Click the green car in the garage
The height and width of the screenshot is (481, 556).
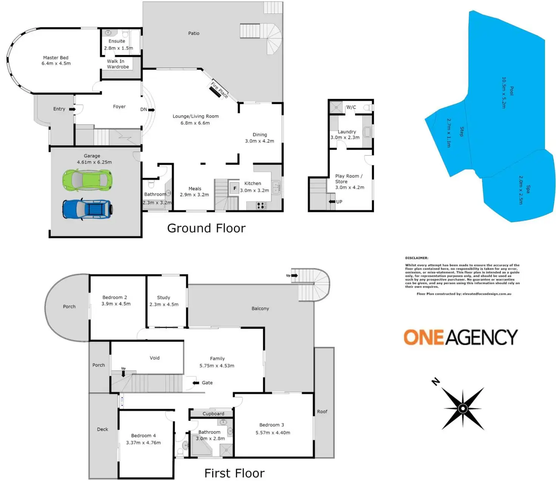(87, 180)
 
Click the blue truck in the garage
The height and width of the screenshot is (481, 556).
(87, 209)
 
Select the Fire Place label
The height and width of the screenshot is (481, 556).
(219, 90)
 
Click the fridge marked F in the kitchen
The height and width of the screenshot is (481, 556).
(235, 188)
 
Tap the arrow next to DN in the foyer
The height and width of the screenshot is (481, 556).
(151, 110)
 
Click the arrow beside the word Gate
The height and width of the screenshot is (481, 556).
(196, 383)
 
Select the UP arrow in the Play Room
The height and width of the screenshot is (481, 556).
(332, 202)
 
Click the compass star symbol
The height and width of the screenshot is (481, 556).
(463, 408)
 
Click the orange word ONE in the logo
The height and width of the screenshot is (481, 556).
(424, 337)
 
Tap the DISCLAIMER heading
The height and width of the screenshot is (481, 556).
(417, 258)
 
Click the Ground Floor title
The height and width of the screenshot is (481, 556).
(206, 228)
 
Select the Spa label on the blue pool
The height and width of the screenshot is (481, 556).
(528, 189)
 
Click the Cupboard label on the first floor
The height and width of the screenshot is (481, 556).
(213, 414)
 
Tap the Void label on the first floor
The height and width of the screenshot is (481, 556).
(154, 358)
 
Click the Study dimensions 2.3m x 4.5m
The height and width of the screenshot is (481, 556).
(164, 304)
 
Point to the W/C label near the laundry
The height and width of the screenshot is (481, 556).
(351, 107)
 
